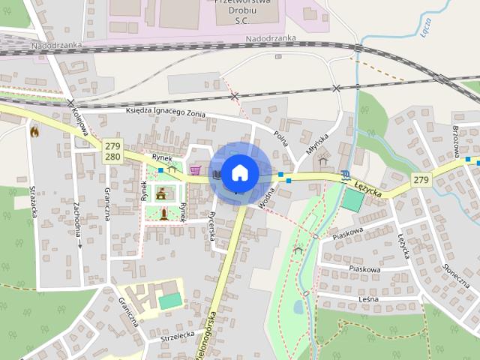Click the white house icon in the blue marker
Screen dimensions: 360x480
[x=239, y=172]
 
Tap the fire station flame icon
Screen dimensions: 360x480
[x=34, y=130]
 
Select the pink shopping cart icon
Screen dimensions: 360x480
[x=196, y=170]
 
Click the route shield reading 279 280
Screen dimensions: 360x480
[x=112, y=151]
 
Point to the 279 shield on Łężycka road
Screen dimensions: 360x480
[x=421, y=180]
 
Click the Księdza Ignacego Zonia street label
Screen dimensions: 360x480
[x=166, y=111]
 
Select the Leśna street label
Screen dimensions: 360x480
[x=368, y=299]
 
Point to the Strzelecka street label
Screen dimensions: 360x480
[x=178, y=337]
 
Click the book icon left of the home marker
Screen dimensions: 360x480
[x=216, y=174]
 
